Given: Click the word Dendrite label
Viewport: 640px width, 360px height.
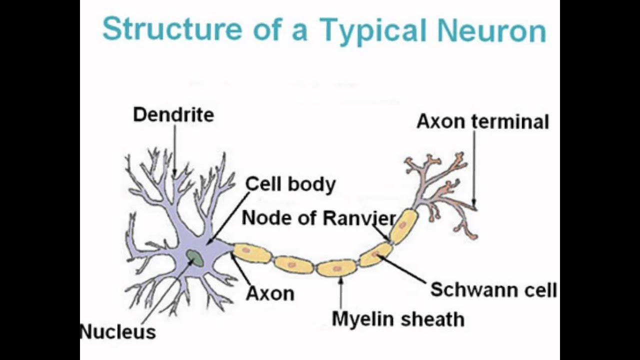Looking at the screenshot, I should [173, 115].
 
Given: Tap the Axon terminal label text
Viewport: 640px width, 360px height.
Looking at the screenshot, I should [482, 121].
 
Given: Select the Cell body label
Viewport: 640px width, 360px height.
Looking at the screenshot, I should [290, 184].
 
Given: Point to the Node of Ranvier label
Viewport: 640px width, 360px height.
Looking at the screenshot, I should [319, 218].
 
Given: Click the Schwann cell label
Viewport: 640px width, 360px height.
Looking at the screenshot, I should [493, 290].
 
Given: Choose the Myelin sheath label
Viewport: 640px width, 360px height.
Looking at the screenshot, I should [398, 318].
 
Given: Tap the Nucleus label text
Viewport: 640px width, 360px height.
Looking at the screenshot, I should [118, 331].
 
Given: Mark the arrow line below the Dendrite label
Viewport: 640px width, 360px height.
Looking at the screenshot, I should [174, 150].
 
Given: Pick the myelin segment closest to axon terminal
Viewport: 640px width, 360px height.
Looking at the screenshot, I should [403, 226].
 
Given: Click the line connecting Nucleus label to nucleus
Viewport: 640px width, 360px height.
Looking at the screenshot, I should [165, 295].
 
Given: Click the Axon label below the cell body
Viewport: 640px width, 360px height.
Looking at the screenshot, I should [270, 293].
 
